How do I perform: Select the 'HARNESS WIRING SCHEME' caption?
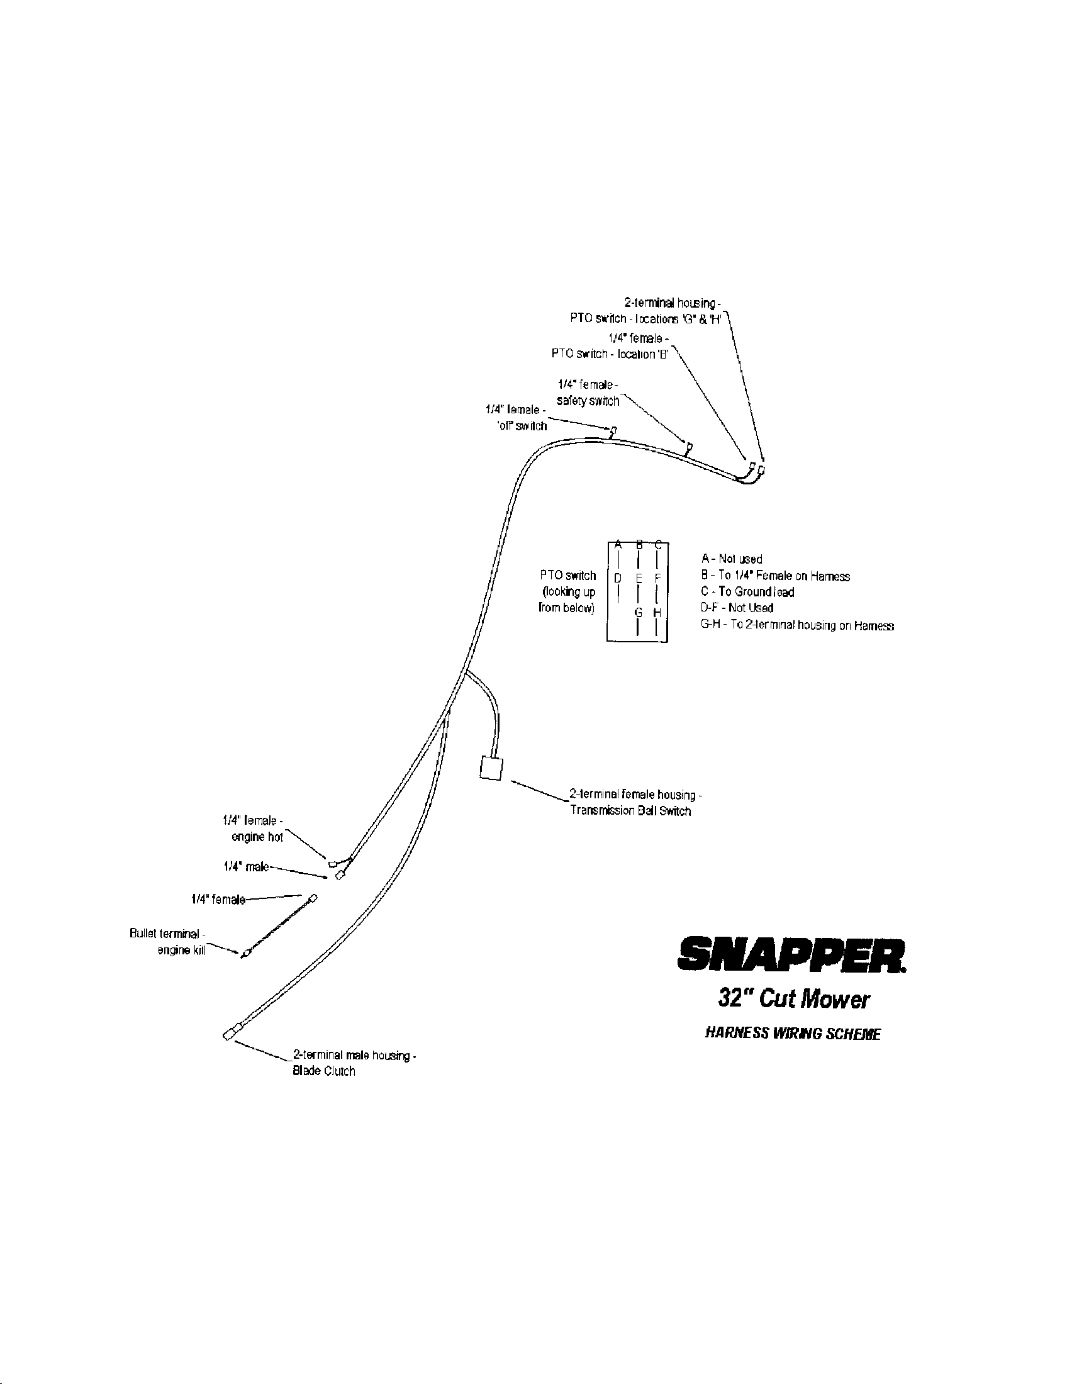(793, 1034)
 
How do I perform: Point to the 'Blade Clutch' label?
(324, 1071)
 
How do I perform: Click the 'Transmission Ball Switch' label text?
(630, 811)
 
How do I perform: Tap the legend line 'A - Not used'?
(731, 559)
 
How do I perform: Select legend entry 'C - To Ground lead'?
(747, 592)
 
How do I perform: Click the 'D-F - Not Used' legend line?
(737, 608)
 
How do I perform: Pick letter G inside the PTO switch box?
(639, 613)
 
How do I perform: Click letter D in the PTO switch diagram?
(618, 578)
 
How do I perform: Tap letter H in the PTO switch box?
(657, 613)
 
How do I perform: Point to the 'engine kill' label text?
(181, 951)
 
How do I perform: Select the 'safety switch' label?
(588, 401)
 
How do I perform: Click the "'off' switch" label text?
(522, 426)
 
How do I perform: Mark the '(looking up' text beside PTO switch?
(568, 592)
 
